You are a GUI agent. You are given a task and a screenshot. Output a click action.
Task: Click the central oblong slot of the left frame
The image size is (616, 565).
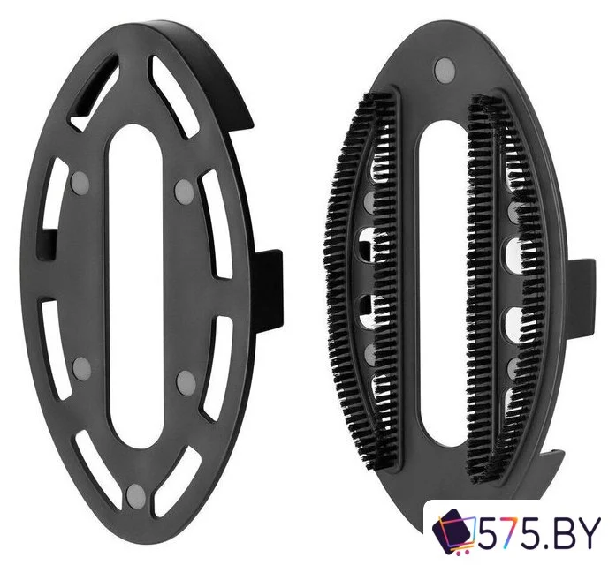pos(135,286)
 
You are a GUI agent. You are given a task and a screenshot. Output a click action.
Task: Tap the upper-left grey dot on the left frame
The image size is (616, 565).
pos(80,182)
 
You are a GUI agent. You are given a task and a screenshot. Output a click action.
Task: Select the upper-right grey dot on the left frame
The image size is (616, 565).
pos(184,191)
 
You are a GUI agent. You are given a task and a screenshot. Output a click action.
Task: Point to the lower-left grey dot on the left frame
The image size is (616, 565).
pos(82,367)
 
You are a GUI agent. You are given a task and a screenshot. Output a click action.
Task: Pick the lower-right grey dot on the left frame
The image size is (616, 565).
pos(186,382)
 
